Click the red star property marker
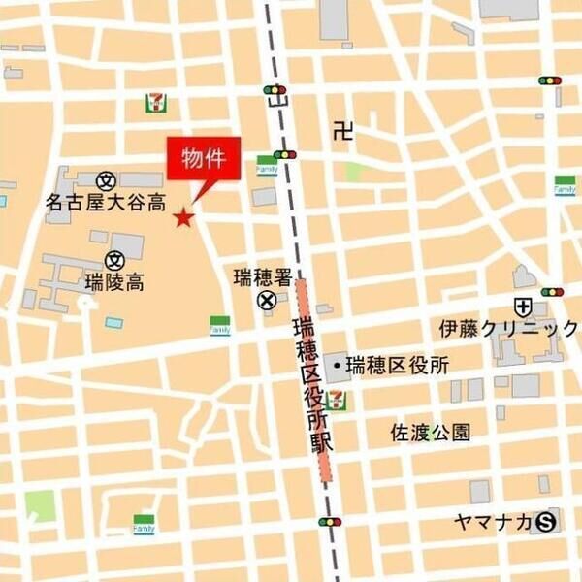[183, 217]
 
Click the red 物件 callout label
[204, 158]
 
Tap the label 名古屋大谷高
[106, 203]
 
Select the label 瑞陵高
[114, 283]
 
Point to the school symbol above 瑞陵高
[114, 259]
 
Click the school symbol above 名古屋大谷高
[106, 179]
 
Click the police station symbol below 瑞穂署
[266, 302]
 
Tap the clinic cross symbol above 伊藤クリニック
[524, 306]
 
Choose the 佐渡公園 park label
[431, 432]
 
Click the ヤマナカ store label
[492, 522]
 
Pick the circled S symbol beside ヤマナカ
[546, 522]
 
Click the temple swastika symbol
[340, 129]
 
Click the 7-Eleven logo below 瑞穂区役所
[336, 397]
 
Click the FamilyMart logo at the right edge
[565, 185]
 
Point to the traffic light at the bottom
[330, 522]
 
